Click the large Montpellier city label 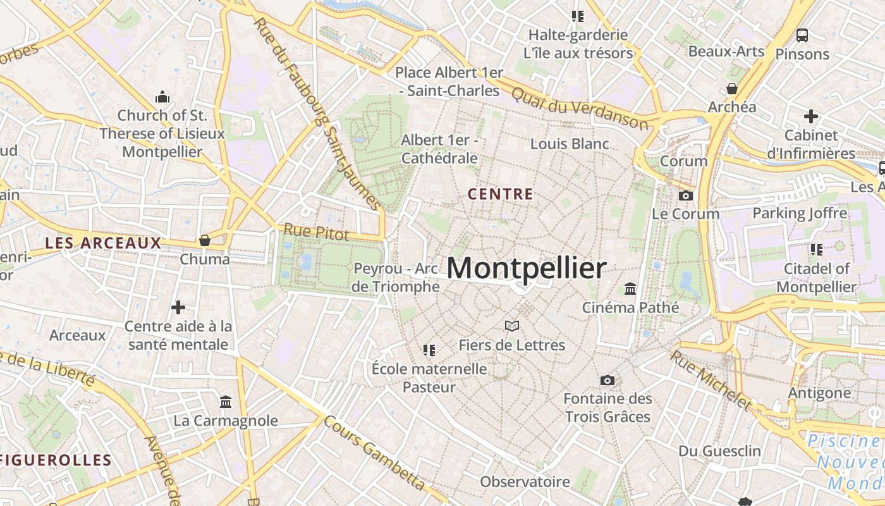(x=527, y=268)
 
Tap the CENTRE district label (x=501, y=194)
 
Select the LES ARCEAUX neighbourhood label (x=104, y=243)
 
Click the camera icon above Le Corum (x=685, y=196)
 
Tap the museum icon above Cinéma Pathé (x=630, y=289)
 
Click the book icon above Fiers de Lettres (x=512, y=326)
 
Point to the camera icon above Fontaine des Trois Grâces (x=607, y=380)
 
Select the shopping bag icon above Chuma (x=205, y=240)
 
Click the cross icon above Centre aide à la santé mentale (x=178, y=307)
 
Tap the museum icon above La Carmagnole (x=226, y=402)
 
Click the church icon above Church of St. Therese (x=162, y=97)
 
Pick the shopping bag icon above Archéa (x=732, y=89)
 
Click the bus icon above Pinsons (x=802, y=35)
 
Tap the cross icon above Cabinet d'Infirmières (x=811, y=116)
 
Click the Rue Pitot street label (x=316, y=232)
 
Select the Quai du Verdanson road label (x=580, y=108)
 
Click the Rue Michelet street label (x=711, y=380)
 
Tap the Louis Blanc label (x=570, y=144)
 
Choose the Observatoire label (x=525, y=482)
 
